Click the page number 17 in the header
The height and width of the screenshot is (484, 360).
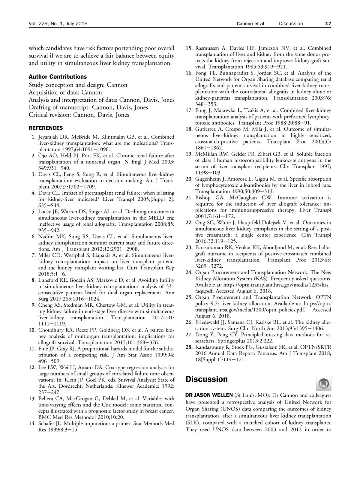[x=328, y=24]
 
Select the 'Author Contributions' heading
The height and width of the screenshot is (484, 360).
[x=58, y=77]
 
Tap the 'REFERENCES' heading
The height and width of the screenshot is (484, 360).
[x=46, y=128]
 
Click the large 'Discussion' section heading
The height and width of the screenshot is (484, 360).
[x=206, y=379]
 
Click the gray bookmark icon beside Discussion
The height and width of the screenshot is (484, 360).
[x=323, y=383]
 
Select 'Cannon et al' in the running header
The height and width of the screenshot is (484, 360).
[x=250, y=24]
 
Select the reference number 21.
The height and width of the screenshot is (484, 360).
[x=189, y=198]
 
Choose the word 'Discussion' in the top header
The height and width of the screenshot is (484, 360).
[x=291, y=24]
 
